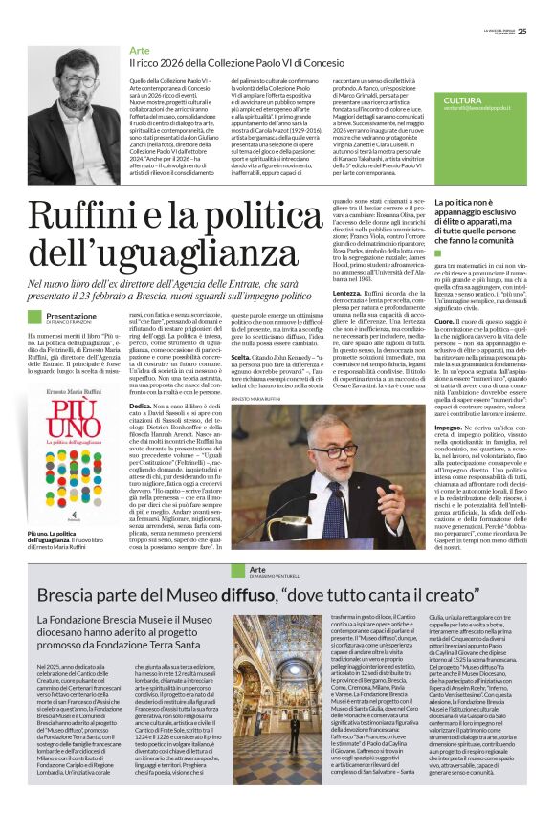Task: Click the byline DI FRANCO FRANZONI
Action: coord(77,322)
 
